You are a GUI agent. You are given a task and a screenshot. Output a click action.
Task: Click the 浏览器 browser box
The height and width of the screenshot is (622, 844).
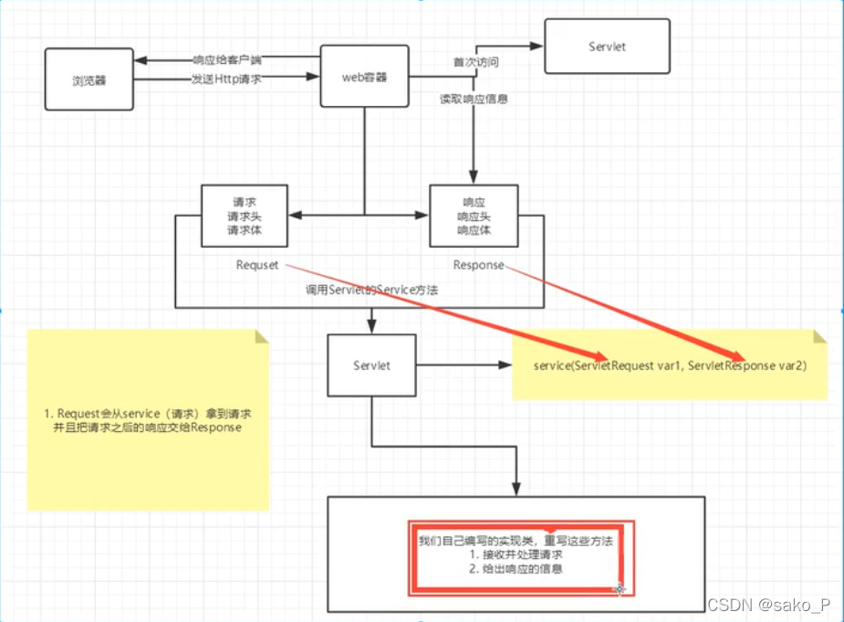pos(89,79)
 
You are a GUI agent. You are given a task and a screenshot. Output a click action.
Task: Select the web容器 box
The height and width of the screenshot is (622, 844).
pos(364,77)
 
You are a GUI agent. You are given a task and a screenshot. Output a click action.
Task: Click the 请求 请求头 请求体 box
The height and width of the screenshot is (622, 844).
pos(245,216)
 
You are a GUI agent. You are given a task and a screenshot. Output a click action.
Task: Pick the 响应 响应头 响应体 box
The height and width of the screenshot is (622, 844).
pos(474,216)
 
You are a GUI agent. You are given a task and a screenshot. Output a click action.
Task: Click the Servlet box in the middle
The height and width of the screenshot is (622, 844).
pos(371,365)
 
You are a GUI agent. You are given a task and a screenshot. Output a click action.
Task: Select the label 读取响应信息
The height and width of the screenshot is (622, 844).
pos(474,99)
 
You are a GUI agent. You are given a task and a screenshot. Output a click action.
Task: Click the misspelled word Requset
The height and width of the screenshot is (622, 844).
pos(256,265)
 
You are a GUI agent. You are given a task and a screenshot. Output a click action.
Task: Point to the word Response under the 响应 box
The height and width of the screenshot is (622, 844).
pos(478,265)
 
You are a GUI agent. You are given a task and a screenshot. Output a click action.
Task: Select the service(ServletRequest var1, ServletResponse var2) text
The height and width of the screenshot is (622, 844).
pos(669,365)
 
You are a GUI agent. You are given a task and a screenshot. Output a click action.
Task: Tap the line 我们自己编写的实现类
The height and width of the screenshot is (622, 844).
pos(516,541)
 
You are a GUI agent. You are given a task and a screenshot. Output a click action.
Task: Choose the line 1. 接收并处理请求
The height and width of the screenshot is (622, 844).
pos(516,554)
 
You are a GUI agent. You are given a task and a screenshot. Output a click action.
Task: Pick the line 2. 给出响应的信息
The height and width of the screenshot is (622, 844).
pos(516,568)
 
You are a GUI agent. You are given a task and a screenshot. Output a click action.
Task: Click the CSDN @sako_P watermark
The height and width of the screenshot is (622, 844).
pos(768,606)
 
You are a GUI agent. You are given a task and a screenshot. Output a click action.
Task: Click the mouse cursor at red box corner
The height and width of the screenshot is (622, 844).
pos(620,589)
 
